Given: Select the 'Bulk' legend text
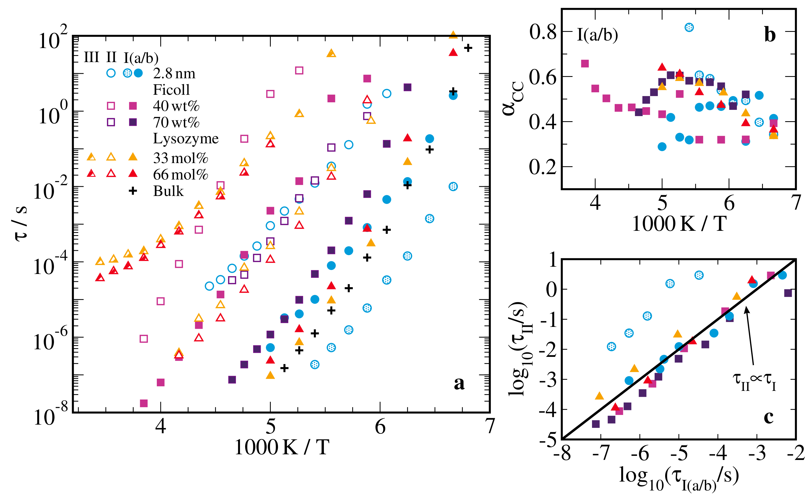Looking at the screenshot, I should (x=168, y=191).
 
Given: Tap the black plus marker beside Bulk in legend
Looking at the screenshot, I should (x=133, y=191).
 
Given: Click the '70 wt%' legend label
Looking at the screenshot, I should (x=176, y=123).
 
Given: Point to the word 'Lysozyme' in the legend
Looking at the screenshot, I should (x=185, y=138).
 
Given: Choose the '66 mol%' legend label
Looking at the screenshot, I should (x=180, y=174).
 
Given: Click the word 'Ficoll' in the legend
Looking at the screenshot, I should (x=171, y=90).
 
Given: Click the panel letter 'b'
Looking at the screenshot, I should (x=770, y=35).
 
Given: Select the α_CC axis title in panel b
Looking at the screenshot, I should (x=513, y=98).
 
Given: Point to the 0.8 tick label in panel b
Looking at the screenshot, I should (x=543, y=32).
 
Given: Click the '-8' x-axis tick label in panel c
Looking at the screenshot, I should (x=562, y=453).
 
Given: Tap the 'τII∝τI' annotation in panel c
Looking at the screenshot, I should (x=754, y=381).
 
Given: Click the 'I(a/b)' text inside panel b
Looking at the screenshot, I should (x=597, y=35).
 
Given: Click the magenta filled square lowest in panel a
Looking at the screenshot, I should (x=143, y=403).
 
